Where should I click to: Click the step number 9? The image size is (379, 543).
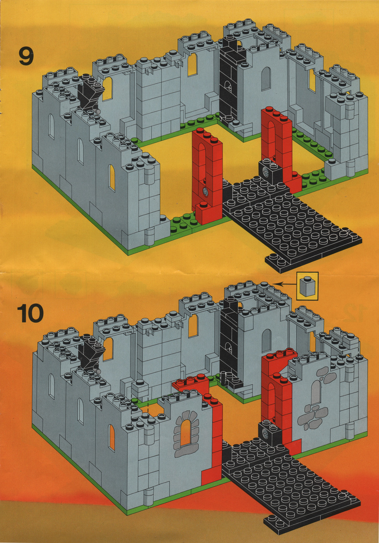click(x=27, y=56)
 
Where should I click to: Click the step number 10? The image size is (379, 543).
click(x=30, y=313)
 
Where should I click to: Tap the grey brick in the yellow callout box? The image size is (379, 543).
click(x=307, y=286)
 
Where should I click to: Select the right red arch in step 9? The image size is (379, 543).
click(x=277, y=145)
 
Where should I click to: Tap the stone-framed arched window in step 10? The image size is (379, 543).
click(x=186, y=434)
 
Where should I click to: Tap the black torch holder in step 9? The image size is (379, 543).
click(x=90, y=93)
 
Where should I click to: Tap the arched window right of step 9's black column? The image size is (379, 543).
click(x=266, y=79)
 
